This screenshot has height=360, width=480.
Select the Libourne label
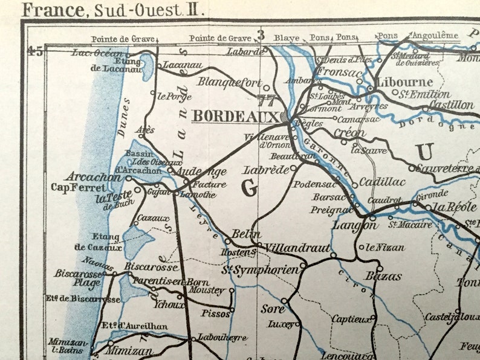coord(404,82)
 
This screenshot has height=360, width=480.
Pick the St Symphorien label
coord(261,269)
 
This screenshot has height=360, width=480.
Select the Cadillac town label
coord(381,181)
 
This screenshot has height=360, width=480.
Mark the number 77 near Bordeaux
coord(265,100)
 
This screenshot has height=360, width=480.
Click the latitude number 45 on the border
coord(35,51)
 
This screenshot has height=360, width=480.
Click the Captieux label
coord(351,318)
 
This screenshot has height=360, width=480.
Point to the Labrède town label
coord(265,170)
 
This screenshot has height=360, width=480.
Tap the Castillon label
coord(451,105)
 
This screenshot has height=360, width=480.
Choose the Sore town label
coord(272,308)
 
